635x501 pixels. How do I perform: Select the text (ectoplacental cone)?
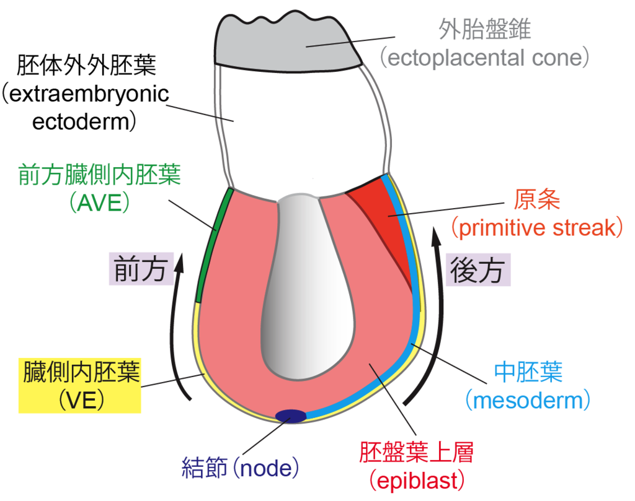tap(484, 58)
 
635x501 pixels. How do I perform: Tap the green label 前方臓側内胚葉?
tap(99, 176)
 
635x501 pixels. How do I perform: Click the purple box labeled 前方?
tap(141, 269)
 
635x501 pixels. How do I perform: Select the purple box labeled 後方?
tap(477, 269)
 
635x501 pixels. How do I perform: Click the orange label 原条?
tap(537, 199)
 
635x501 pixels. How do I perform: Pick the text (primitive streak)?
tap(536, 228)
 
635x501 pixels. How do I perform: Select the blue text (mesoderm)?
tap(527, 401)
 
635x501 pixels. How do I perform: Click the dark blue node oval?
tap(290, 416)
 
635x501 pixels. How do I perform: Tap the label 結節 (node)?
tap(241, 467)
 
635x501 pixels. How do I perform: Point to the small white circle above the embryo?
tap(317, 185)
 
